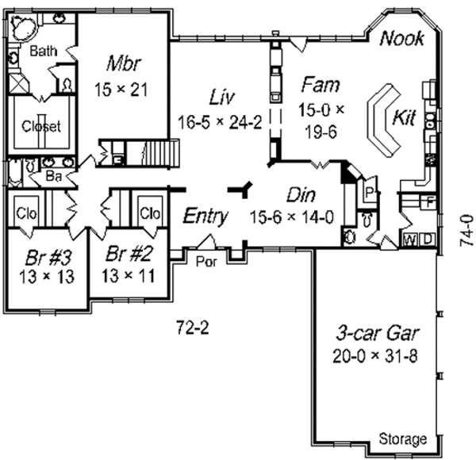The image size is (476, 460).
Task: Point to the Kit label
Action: point(404,117)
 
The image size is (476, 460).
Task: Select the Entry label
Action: point(205,216)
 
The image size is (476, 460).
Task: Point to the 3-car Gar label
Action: point(376,332)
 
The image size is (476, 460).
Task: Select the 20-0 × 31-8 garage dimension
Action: point(376,354)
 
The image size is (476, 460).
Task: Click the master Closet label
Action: point(41,126)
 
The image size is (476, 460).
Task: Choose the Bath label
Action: point(43,52)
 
